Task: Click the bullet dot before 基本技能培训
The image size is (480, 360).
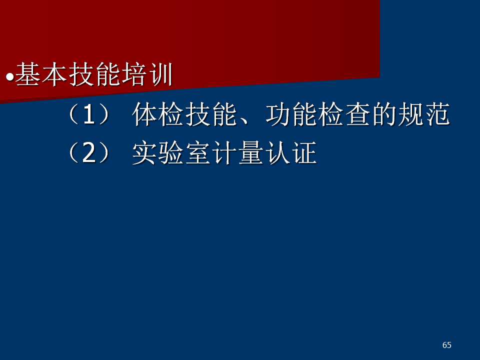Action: [x=10, y=77]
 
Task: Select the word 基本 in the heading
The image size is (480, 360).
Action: [x=41, y=74]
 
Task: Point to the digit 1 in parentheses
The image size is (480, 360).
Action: [x=89, y=114]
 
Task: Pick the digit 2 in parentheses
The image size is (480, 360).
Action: [x=89, y=153]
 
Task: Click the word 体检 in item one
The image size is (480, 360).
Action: [x=158, y=114]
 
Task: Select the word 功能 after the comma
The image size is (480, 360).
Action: [x=291, y=114]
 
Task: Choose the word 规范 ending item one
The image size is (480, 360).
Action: [x=424, y=114]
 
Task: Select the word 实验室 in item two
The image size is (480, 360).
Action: [x=171, y=153]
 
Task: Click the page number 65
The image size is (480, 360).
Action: [x=447, y=345]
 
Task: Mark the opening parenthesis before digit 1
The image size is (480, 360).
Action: [x=73, y=114]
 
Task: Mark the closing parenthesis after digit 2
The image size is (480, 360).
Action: [x=104, y=153]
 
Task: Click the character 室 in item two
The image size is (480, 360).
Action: [x=198, y=153]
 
